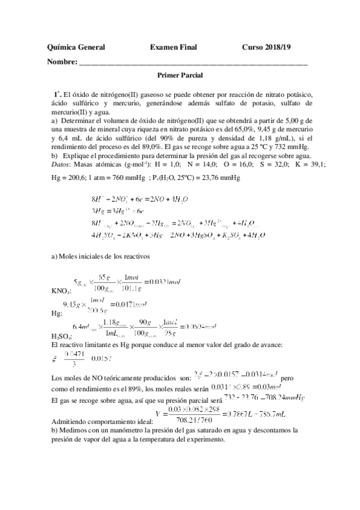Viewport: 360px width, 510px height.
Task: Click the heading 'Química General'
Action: point(76,47)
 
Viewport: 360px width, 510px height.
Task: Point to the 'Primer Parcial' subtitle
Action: point(180,76)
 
